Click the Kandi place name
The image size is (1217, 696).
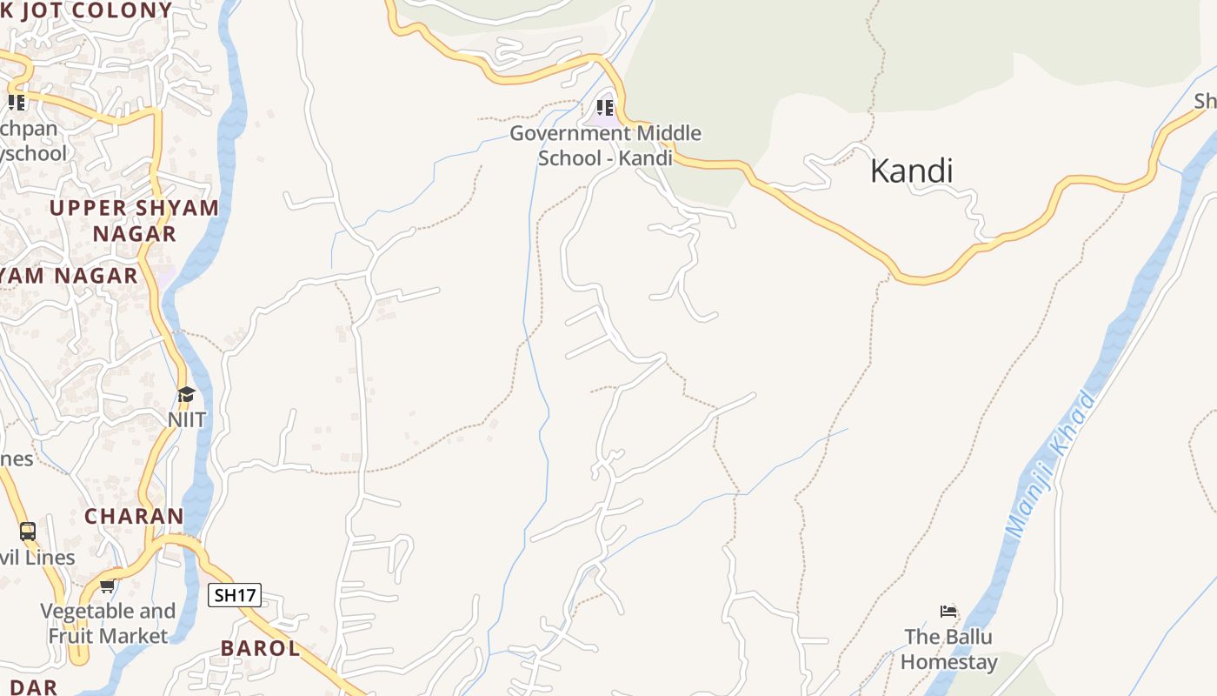coord(911,171)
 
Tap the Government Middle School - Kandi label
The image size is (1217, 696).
coord(605,146)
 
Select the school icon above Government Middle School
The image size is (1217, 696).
coord(605,108)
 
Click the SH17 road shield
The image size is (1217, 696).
coord(235,595)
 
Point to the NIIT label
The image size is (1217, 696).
coord(187,419)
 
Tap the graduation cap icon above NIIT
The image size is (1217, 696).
coord(186,395)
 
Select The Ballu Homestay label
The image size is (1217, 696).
coord(948,649)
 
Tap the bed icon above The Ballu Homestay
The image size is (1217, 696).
coord(948,612)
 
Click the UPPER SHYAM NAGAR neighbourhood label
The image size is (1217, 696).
coord(135,221)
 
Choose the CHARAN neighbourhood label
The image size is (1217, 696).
coord(134,516)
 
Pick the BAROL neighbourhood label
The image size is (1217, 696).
coord(260,648)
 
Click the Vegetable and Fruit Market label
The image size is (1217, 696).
coord(108,623)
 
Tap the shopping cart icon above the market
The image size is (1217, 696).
coord(107,586)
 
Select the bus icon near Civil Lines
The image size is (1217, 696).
coord(28,531)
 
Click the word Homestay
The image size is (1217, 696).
coord(948,662)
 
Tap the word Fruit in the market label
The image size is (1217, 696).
coord(71,636)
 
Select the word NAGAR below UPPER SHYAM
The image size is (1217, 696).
coord(135,234)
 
